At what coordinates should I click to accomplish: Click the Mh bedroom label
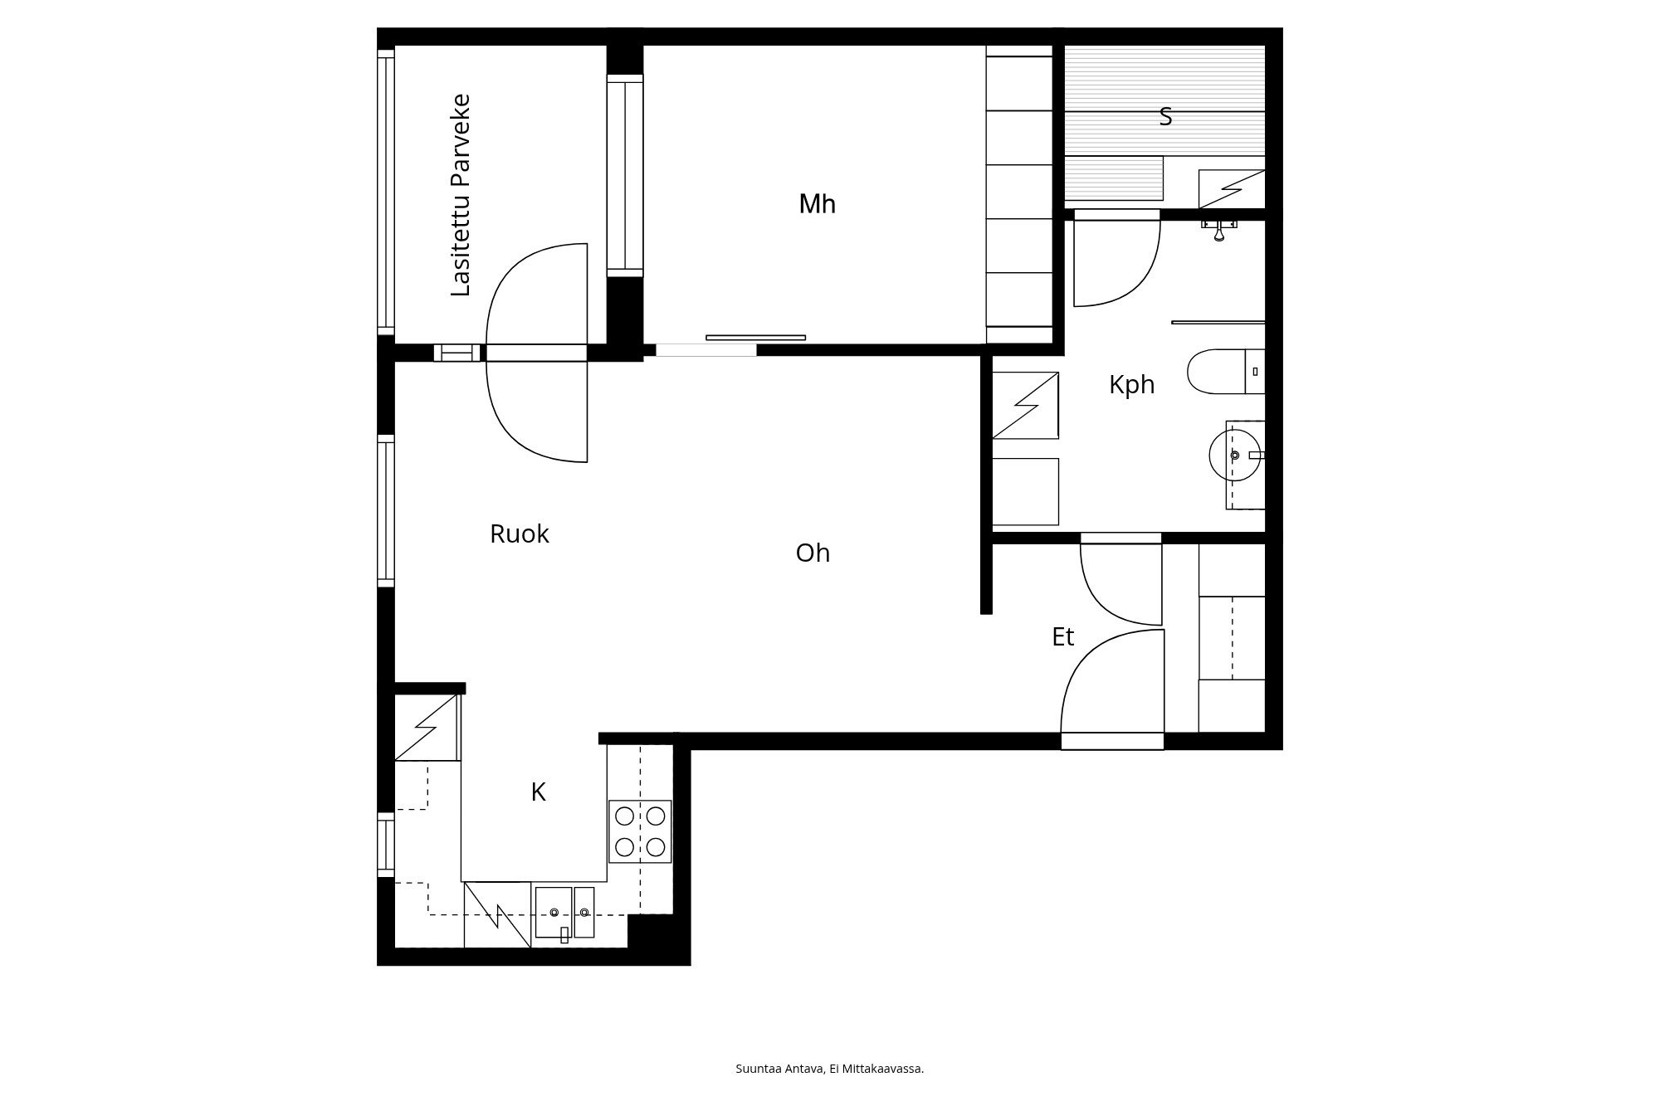[x=817, y=204]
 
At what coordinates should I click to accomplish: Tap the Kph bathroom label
[x=1131, y=385]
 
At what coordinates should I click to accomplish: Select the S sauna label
[x=1165, y=118]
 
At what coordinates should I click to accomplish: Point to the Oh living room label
[x=813, y=553]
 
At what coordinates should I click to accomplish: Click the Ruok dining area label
[x=519, y=534]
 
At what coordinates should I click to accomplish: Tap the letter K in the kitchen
[x=538, y=793]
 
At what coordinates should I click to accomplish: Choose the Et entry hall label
[x=1062, y=637]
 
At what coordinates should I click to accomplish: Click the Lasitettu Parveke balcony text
[x=461, y=195]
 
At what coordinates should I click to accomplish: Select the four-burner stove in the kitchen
[x=640, y=831]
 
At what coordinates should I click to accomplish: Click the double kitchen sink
[x=564, y=913]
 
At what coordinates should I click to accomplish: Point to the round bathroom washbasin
[x=1235, y=455]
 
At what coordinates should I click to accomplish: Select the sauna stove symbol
[x=1232, y=189]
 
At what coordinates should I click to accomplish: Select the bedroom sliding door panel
[x=755, y=338]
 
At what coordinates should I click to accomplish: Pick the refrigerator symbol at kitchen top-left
[x=427, y=728]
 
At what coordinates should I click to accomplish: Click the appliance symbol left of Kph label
[x=1025, y=405]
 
